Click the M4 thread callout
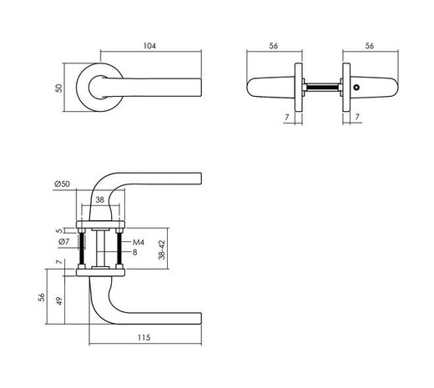(139, 243)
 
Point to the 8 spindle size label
(137, 253)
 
